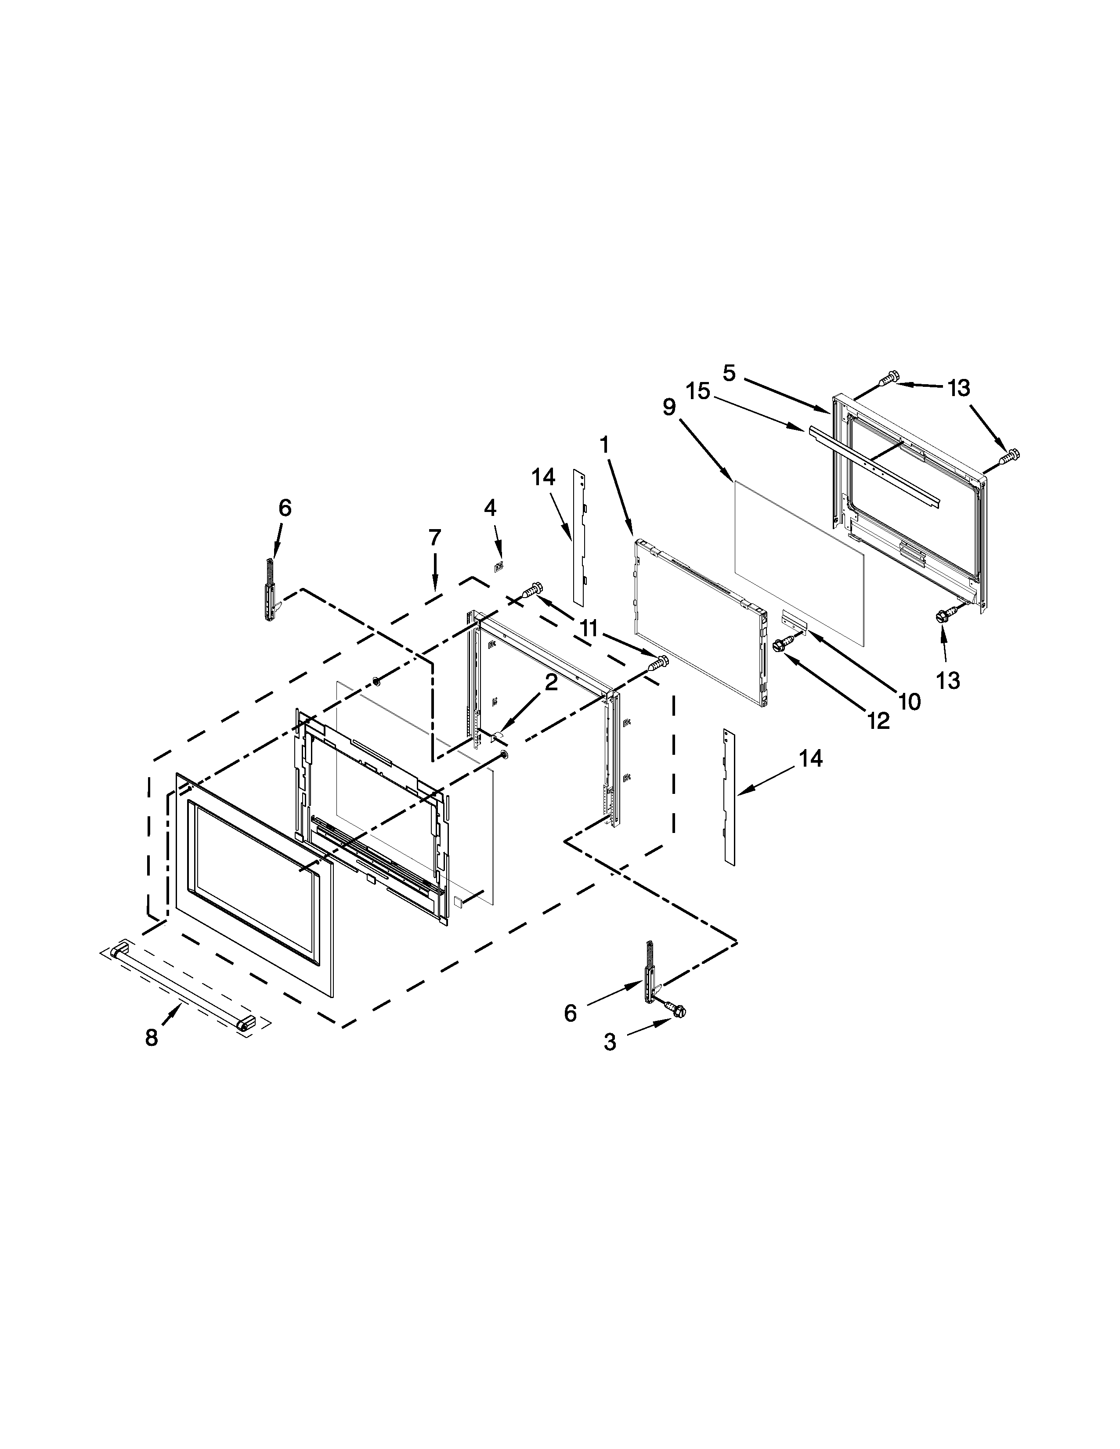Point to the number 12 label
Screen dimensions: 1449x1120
pos(878,720)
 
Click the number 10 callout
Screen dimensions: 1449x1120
pos(910,701)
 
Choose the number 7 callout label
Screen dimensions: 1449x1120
pos(434,537)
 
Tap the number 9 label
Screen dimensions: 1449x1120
pos(669,407)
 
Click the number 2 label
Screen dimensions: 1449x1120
pos(551,683)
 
